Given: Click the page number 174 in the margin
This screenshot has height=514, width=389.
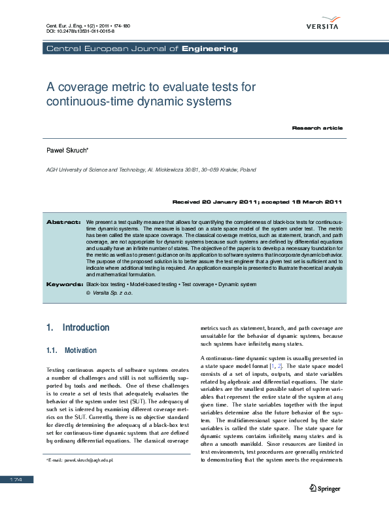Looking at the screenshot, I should click(x=16, y=480).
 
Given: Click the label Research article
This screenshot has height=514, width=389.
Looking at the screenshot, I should click(x=317, y=128).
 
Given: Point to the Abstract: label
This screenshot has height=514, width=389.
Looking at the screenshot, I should click(x=63, y=223).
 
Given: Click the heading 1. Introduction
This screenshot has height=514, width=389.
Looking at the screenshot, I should click(x=78, y=327).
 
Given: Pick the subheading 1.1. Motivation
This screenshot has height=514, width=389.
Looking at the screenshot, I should click(x=72, y=350).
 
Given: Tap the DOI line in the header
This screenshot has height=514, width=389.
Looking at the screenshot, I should click(x=79, y=31).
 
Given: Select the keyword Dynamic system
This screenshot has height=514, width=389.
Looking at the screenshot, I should click(x=239, y=285).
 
